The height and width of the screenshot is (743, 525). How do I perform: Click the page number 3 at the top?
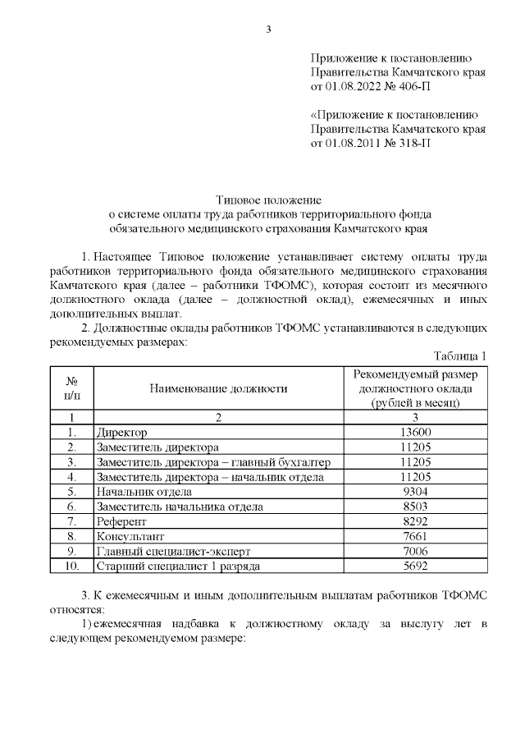coord(267,30)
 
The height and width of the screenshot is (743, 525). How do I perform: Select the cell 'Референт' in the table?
coord(121,521)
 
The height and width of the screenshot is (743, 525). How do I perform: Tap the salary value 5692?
coord(415,566)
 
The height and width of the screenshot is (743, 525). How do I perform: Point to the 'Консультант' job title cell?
coord(130,536)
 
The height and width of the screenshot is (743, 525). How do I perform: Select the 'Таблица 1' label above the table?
coord(459,355)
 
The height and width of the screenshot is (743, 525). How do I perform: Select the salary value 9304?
coord(415,492)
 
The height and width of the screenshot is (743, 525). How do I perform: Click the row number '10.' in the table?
coord(72,566)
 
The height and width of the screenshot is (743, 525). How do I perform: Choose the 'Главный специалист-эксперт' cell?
coord(167,551)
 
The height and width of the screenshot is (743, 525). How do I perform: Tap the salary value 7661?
coord(415,536)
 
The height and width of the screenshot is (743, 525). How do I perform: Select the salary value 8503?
coord(415,507)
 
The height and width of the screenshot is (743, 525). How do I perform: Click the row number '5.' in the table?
coord(72,492)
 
